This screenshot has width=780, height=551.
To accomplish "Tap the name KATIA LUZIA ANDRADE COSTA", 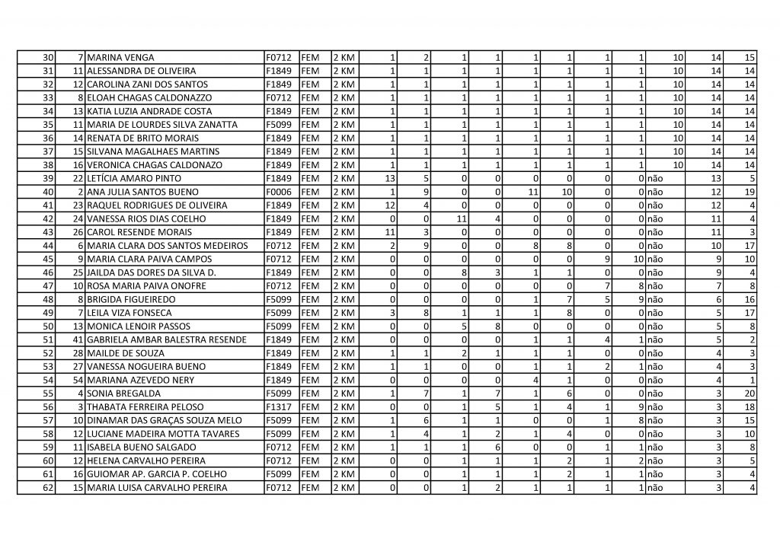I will point(145,111).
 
